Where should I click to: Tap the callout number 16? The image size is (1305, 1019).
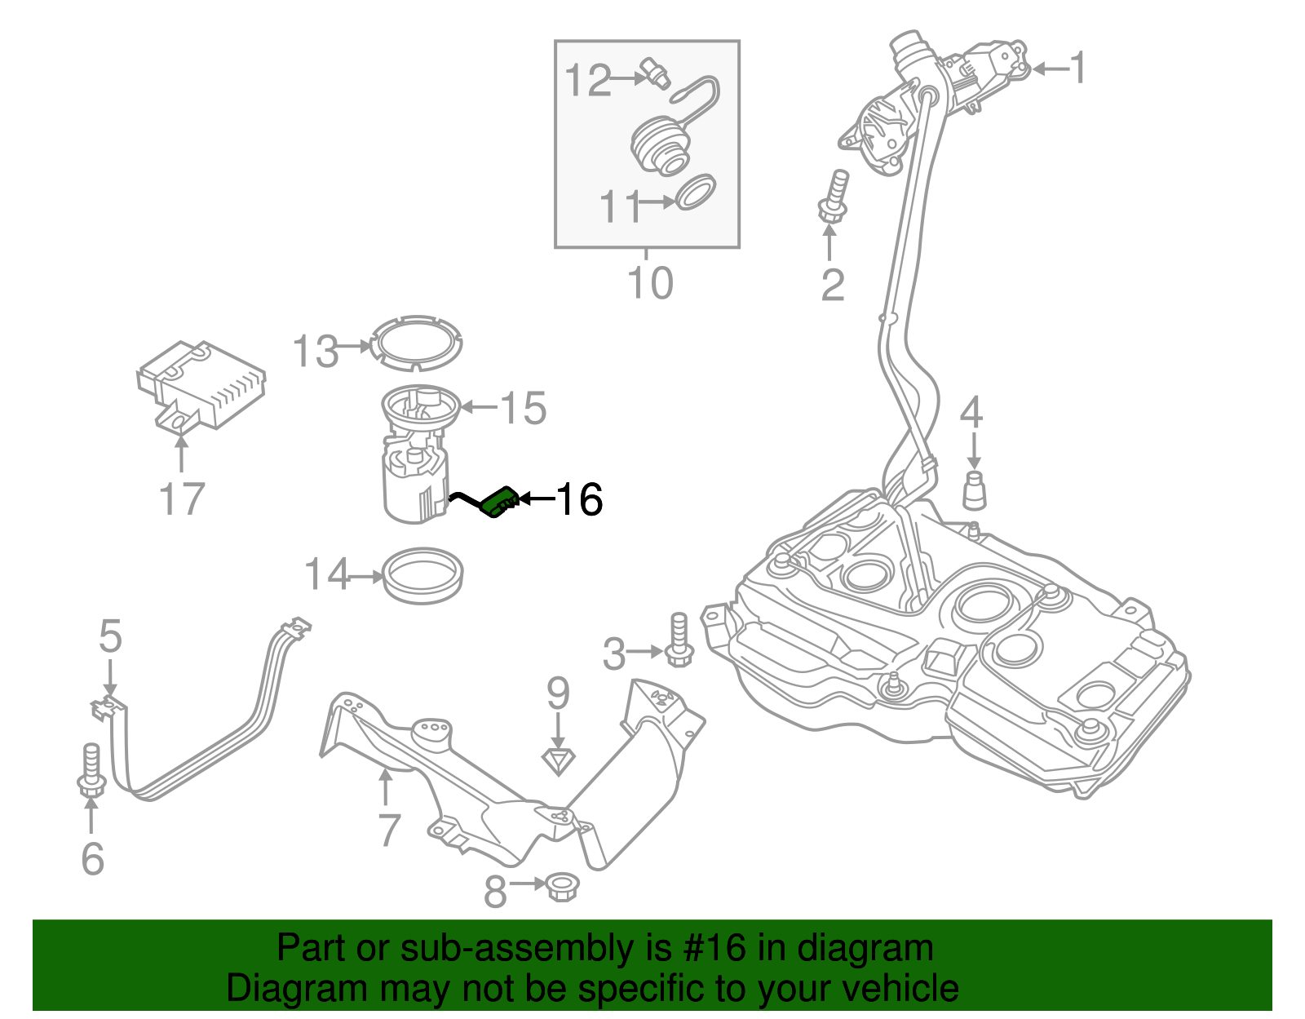579,499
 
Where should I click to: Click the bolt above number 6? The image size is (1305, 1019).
91,770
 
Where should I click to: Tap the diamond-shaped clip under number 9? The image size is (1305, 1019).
559,761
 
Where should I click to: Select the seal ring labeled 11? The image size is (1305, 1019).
695,192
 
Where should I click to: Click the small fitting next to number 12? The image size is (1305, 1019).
656,72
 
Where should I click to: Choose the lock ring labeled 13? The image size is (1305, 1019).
416,343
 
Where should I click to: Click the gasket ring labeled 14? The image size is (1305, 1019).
423,576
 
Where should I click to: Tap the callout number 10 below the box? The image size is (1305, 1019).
650,283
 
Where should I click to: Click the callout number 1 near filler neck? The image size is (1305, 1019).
1078,68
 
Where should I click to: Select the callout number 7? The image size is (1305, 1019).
388,830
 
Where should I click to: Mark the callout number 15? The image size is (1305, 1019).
523,407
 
